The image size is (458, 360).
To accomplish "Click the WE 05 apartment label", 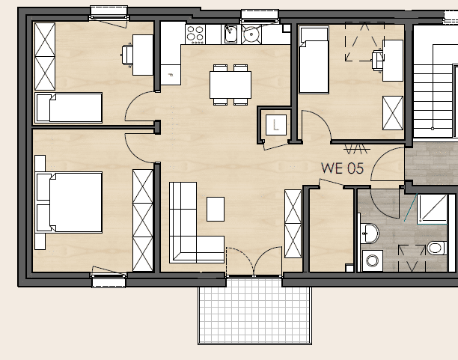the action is [x=342, y=168].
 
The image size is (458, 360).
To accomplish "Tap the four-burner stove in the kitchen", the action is [x=195, y=34].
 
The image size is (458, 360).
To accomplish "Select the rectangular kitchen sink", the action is [x=230, y=34].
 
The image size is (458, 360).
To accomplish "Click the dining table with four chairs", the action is [x=230, y=85].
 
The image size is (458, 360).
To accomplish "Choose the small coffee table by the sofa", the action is [x=216, y=209].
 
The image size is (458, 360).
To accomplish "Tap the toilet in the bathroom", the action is [x=437, y=248].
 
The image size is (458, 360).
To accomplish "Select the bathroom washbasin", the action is [x=370, y=233].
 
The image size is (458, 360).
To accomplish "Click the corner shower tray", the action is [x=432, y=209].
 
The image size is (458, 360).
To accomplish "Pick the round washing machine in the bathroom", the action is [x=373, y=260].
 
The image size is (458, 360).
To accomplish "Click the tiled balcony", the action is [x=254, y=311].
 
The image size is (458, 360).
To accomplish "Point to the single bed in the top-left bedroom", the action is [x=69, y=108].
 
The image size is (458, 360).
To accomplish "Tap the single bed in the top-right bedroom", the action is [x=314, y=60].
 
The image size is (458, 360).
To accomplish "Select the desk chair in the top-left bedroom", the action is [x=126, y=55].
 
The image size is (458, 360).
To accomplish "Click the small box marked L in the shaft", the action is [x=276, y=125].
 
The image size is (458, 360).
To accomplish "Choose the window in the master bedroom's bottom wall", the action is [x=109, y=280].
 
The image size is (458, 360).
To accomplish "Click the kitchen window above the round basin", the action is [x=260, y=16].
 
